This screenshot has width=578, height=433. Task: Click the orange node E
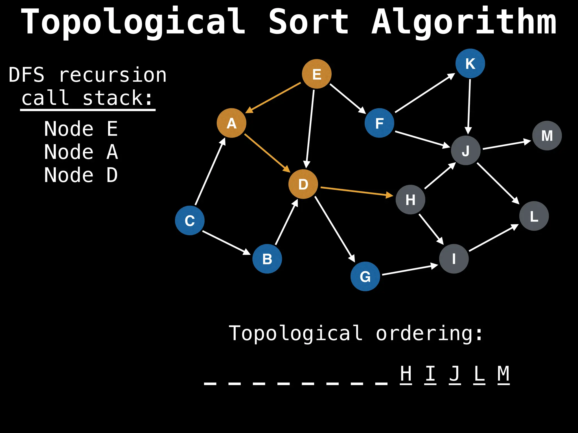317,74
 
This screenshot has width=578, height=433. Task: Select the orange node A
231,123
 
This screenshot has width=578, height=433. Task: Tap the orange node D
303,184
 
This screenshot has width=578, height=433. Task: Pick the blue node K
470,63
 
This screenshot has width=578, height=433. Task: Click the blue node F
379,123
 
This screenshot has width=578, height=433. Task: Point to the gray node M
547,136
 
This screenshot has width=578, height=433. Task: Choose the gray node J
466,150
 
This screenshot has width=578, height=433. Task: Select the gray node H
410,200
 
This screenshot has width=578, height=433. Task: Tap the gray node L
534,216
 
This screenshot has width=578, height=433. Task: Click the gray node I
454,259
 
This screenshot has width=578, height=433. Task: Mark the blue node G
365,276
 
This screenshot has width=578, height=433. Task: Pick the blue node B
267,259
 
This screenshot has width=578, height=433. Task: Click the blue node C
190,220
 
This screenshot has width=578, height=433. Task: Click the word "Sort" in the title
308,22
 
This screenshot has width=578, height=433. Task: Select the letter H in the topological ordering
406,374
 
